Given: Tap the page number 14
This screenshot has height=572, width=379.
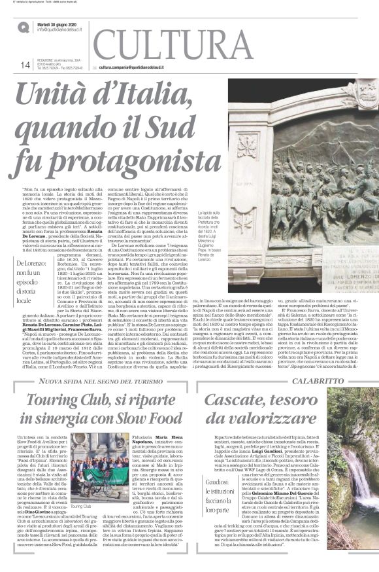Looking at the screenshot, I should (25, 64).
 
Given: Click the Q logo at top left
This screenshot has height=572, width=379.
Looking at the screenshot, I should (23, 26).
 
